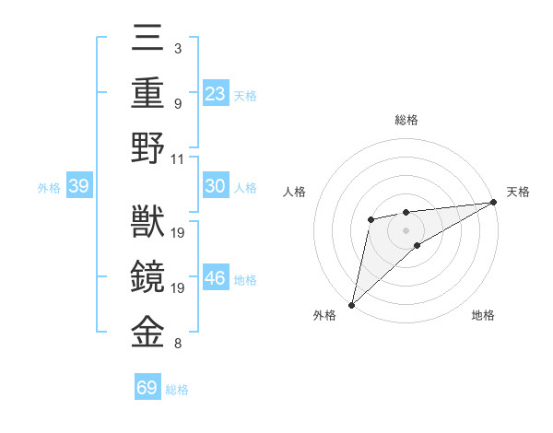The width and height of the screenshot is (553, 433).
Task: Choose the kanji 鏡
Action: click(147, 277)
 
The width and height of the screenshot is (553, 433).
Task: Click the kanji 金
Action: click(147, 333)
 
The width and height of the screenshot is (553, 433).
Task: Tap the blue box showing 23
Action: click(216, 94)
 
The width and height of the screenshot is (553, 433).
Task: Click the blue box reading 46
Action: click(216, 279)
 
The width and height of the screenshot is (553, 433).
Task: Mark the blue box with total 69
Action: click(147, 388)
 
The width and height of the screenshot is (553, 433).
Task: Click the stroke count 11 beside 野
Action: click(179, 158)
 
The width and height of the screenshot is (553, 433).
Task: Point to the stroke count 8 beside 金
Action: click(178, 345)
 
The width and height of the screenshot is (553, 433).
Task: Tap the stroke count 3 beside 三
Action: click(178, 47)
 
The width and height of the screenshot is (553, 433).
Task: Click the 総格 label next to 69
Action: click(177, 390)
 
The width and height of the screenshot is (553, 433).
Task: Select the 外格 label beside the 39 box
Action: click(49, 188)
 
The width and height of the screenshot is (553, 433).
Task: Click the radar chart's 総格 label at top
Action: click(406, 120)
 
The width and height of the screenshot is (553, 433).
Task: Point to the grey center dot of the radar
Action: click(406, 228)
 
